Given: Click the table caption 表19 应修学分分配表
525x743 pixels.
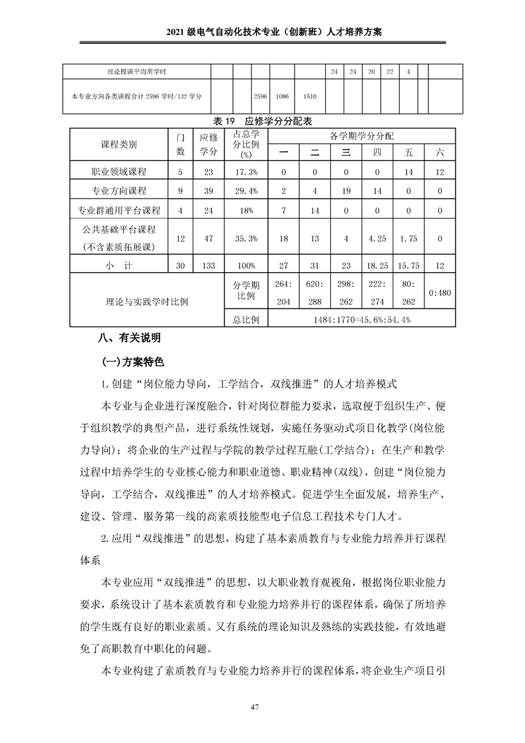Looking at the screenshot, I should click(x=263, y=121).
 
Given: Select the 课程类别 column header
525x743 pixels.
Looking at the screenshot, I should click(x=119, y=144).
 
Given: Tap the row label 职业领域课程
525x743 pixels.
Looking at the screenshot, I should click(x=119, y=172).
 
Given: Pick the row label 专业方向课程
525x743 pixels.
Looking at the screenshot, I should click(x=119, y=191).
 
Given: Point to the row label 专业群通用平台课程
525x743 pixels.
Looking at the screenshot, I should click(x=119, y=211).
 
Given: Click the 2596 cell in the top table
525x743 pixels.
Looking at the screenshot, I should click(x=260, y=96).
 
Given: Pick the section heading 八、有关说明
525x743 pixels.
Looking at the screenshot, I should click(x=129, y=338).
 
